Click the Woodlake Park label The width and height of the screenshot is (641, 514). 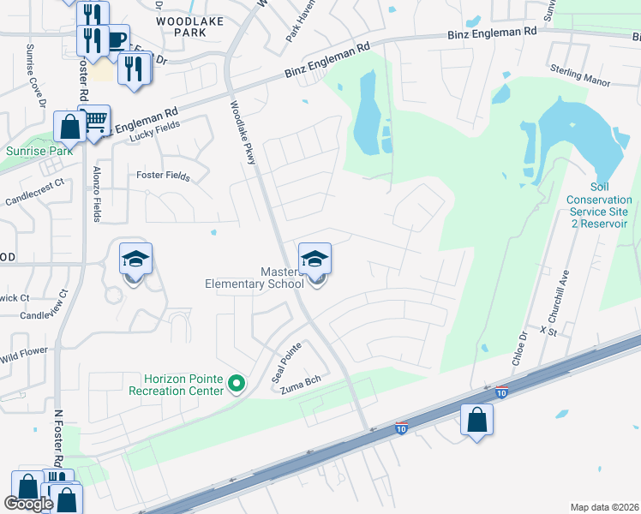182,25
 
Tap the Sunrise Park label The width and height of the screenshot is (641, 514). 37,151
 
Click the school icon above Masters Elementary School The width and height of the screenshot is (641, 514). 315,258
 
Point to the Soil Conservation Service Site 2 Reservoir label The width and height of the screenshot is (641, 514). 599,205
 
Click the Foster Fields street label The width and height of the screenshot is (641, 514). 163,176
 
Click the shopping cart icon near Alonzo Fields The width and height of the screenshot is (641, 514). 96,120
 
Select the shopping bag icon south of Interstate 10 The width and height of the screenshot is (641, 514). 477,420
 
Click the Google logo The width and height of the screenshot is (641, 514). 28,503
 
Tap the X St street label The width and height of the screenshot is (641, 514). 548,330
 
